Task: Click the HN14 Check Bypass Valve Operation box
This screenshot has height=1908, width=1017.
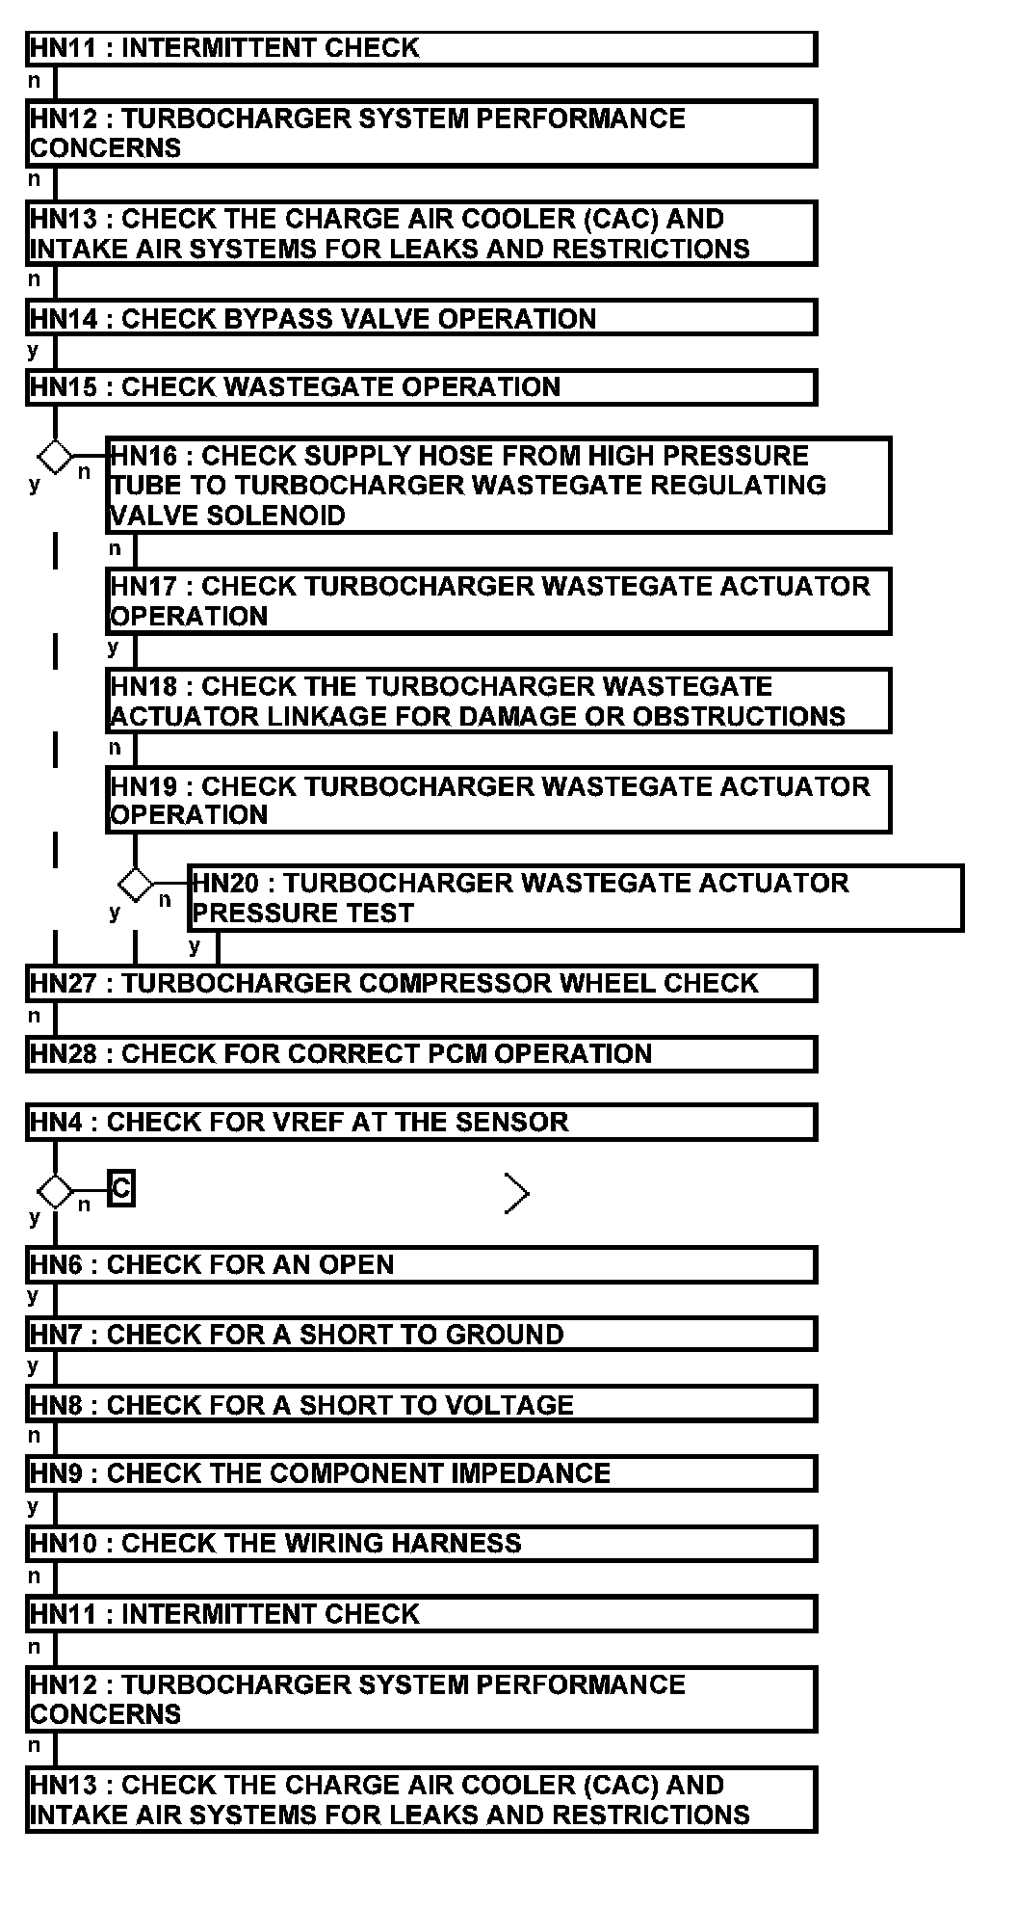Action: pos(421,318)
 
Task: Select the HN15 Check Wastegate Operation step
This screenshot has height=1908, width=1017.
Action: pos(421,387)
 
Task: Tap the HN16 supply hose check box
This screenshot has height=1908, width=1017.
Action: pos(498,486)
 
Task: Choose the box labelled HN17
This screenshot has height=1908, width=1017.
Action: pos(498,601)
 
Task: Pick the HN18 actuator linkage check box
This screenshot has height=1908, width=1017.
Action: pos(498,702)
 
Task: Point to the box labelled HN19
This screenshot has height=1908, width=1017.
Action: pos(498,800)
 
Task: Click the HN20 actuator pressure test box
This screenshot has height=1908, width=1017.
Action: pos(575,898)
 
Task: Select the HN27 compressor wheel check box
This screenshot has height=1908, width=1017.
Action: pos(421,983)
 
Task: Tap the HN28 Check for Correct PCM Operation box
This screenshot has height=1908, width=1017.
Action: pos(421,1053)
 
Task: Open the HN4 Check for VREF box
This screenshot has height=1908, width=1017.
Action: pos(421,1122)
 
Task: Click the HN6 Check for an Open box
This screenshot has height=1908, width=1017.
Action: pos(421,1264)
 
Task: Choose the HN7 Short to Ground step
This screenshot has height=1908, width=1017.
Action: pos(421,1335)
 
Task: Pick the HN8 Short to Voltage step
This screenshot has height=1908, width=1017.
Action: pos(421,1405)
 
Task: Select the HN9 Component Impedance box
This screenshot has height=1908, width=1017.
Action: pos(421,1473)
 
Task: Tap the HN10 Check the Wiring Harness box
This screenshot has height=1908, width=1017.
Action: pos(421,1544)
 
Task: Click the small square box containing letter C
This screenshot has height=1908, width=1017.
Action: pos(120,1189)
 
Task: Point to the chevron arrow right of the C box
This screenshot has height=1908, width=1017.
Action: pos(517,1194)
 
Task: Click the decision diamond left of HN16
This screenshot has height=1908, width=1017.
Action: pos(55,456)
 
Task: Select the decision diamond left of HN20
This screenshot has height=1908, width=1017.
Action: pos(135,883)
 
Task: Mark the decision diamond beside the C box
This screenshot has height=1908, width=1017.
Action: pos(55,1191)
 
